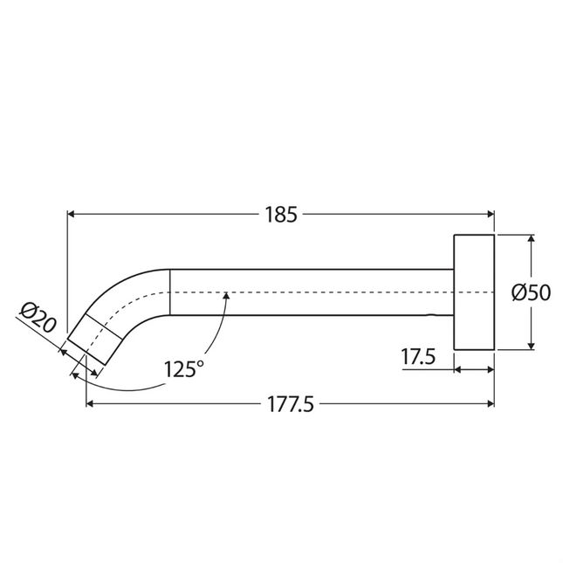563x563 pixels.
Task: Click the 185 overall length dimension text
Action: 280,214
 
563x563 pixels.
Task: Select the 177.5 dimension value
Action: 290,403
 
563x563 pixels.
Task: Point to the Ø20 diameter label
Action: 37,319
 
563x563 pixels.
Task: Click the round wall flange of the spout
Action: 474,292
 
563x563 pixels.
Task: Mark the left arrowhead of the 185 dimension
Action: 72,213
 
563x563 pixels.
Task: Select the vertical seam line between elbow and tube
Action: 168,292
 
